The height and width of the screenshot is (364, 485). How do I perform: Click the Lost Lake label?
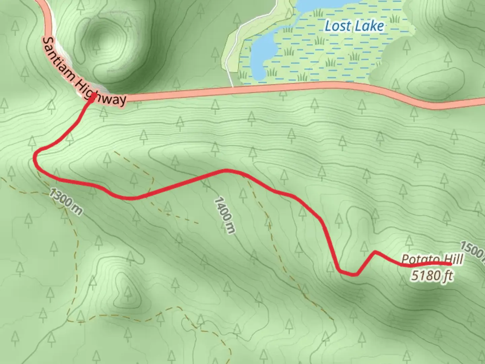354,26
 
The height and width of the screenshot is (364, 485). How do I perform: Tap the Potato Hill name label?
432,260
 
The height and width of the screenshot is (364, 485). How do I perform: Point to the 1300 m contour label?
66,202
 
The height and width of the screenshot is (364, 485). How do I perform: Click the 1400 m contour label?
224,216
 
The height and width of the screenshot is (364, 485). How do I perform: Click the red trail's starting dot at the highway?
92,97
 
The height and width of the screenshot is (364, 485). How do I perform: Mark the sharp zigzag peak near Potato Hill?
375,252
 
